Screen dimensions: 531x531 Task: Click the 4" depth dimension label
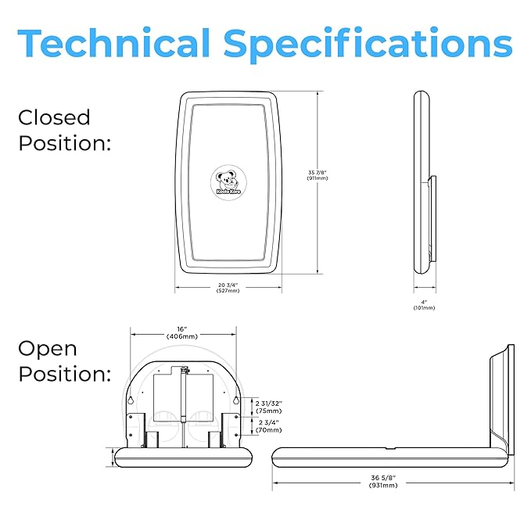[x=424, y=300]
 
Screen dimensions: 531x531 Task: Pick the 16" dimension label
[x=181, y=330]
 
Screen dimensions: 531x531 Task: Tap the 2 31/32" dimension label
[x=269, y=403]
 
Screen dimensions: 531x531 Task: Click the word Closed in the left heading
[x=54, y=118]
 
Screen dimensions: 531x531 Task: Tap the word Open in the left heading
[x=48, y=348]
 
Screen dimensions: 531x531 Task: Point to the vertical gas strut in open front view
[x=183, y=399]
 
